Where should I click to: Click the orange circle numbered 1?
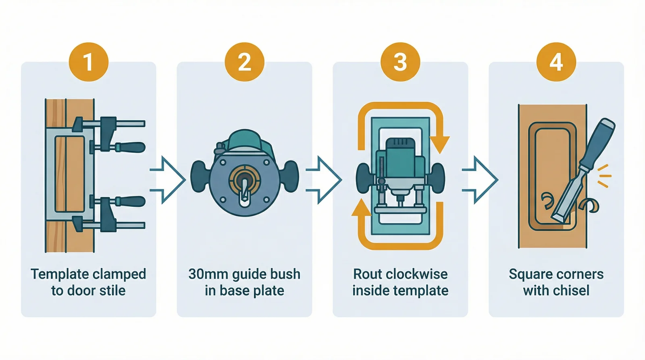point(88,62)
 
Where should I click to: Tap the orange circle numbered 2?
point(244,62)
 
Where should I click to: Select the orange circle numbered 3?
point(400,62)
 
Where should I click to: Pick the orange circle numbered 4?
point(556,62)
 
